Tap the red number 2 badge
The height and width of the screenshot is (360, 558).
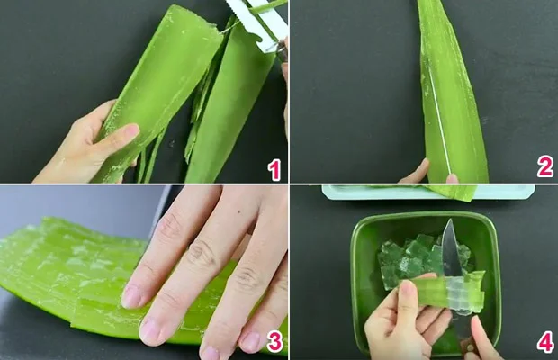pyautogui.click(x=544, y=167)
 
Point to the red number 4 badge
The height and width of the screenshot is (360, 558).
pyautogui.click(x=544, y=342)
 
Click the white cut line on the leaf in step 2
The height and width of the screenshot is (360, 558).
pyautogui.click(x=438, y=117)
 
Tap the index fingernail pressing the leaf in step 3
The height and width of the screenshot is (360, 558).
pyautogui.click(x=132, y=296)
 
